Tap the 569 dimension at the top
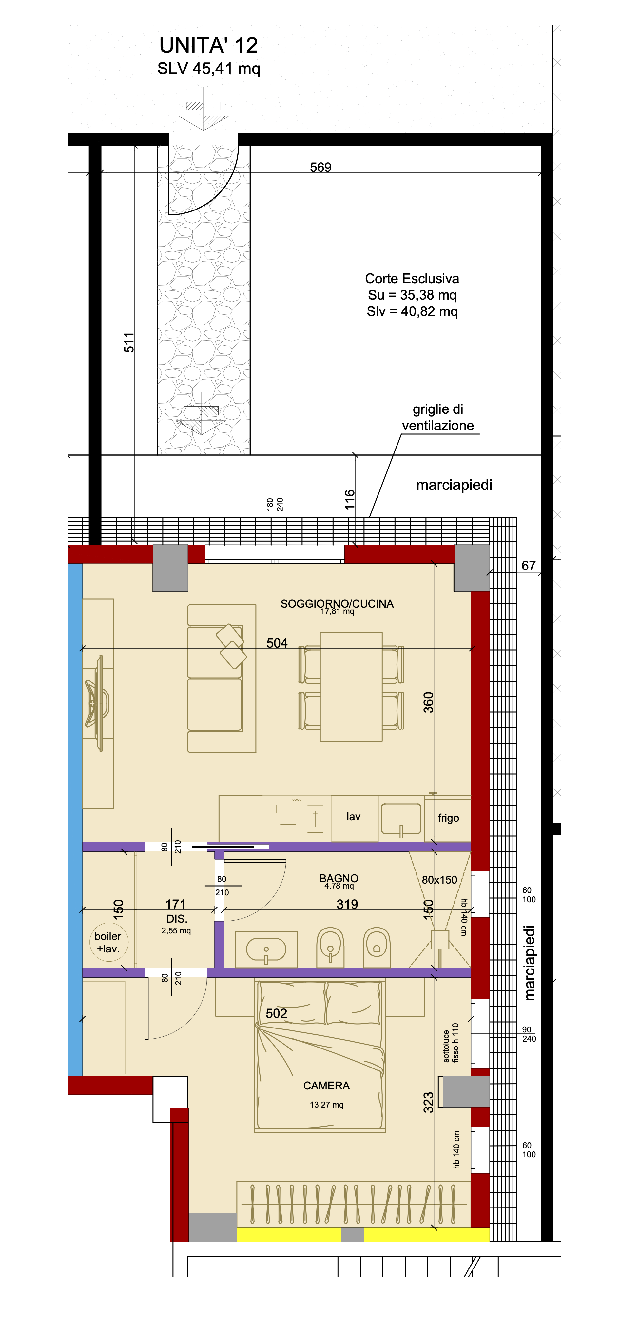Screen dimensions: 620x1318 click(x=321, y=167)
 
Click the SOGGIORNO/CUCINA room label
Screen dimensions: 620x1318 click(x=337, y=603)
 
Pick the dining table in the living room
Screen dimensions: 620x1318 click(x=351, y=686)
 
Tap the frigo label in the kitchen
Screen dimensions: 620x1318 click(x=448, y=818)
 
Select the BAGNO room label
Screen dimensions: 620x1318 click(x=339, y=878)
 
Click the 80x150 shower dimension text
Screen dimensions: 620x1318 click(x=439, y=880)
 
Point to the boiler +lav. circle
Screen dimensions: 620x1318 click(x=108, y=942)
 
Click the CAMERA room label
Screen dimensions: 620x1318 click(x=326, y=1085)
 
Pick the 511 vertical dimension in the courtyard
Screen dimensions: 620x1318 click(x=129, y=342)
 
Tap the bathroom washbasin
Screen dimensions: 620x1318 click(x=266, y=949)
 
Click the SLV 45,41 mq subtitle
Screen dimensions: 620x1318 click(x=209, y=68)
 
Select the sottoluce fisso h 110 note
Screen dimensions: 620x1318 click(x=451, y=1042)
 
